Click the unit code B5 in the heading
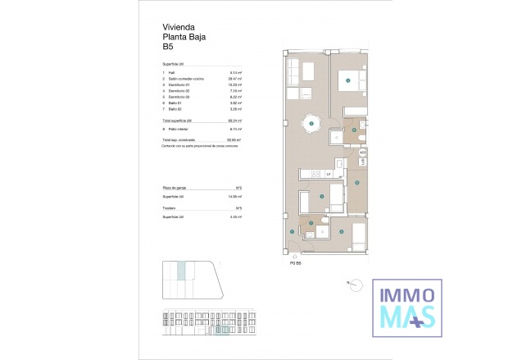click(169, 46)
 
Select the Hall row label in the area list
click(173, 73)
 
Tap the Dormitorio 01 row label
click(179, 84)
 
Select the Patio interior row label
click(179, 129)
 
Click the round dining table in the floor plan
click(311, 124)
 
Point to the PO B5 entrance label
click(295, 262)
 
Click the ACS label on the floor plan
click(362, 153)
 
